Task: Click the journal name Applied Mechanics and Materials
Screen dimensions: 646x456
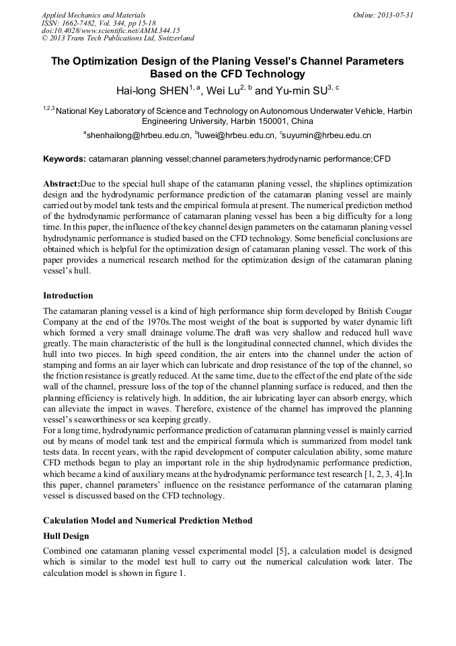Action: tap(93, 15)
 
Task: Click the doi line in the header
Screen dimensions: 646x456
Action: tap(110, 30)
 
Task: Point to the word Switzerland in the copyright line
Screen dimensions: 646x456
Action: tap(172, 38)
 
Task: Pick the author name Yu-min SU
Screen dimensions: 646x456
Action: tap(299, 90)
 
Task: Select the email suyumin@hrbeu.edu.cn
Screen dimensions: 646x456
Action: tap(328, 135)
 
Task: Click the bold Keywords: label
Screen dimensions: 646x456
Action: tap(64, 159)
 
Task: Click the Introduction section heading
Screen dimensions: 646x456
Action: tap(68, 295)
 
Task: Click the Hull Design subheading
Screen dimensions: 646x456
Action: tap(66, 536)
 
